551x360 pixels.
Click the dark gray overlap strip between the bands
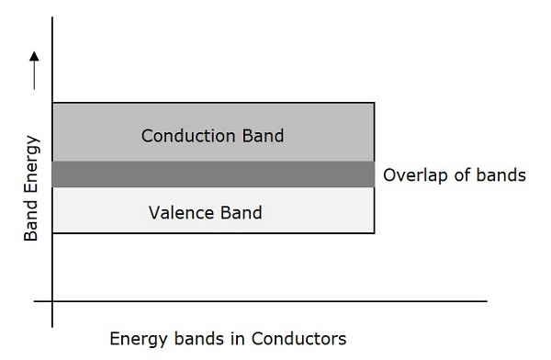click(213, 174)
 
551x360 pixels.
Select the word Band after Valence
click(240, 213)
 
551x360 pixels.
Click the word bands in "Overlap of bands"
click(499, 174)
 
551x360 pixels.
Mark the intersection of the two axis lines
click(53, 300)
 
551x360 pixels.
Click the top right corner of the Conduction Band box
click(375, 103)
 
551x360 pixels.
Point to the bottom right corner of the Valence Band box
click(375, 233)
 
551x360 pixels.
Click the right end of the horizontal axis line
click(484, 300)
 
